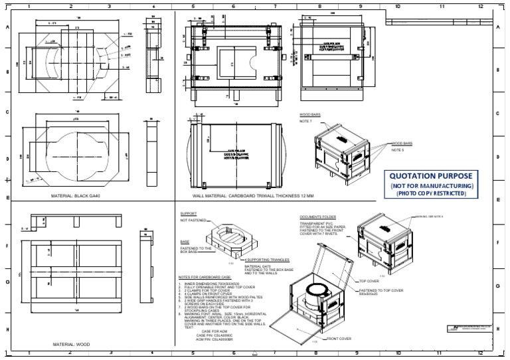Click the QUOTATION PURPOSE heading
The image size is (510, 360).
pos(432,176)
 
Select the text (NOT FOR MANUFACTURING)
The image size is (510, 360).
pos(432,185)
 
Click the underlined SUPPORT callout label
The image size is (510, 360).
pos(189,214)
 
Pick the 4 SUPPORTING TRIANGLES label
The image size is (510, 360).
pos(268,260)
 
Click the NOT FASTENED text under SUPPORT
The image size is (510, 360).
pos(192,221)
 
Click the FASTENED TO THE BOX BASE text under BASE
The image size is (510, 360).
pos(195,250)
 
